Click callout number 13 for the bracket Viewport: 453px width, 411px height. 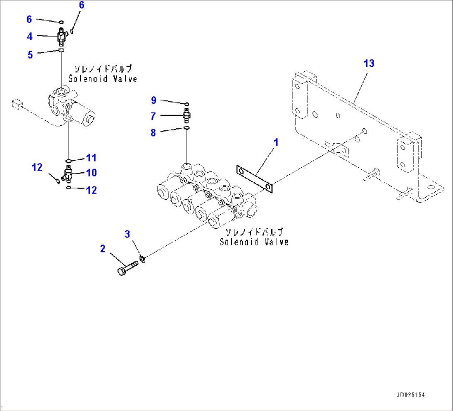point(369,64)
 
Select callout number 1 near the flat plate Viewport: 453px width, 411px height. point(275,142)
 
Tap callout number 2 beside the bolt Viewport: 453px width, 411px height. point(102,249)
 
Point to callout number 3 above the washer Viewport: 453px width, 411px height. point(128,234)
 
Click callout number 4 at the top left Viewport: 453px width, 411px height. point(30,37)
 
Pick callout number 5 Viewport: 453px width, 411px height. point(30,54)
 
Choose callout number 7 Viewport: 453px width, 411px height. point(153,117)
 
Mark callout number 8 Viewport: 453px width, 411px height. point(153,132)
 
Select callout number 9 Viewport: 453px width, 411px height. point(153,100)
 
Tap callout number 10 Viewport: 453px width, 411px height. point(91,172)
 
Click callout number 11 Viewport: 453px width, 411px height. point(91,158)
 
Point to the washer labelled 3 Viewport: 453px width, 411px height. point(142,260)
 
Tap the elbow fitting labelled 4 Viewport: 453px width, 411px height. point(62,37)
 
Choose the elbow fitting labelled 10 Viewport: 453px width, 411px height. point(67,174)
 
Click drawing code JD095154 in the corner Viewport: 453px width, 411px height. point(411,395)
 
